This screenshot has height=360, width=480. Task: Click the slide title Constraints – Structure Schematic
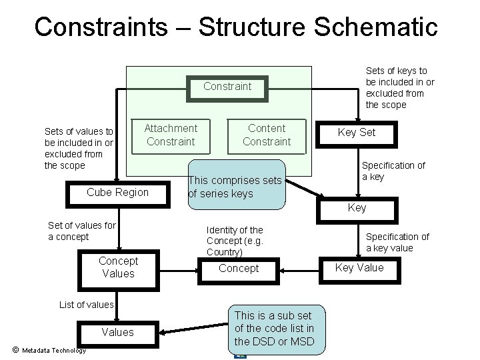[x=236, y=27]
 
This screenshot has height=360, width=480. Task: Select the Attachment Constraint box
[x=171, y=135]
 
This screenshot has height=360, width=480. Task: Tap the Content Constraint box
[x=267, y=135]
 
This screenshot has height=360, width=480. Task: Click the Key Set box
[x=357, y=132]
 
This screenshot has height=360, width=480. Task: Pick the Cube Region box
[x=118, y=193]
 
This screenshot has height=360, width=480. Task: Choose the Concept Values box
[x=118, y=267]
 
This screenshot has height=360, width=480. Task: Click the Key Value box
[x=359, y=267]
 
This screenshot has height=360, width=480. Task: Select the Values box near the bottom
[x=117, y=332]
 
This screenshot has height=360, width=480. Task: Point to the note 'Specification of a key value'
[x=397, y=242]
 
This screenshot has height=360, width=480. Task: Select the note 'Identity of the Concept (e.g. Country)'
[x=235, y=241]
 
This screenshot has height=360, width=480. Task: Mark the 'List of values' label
[x=87, y=305]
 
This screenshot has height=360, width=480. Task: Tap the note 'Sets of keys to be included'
[x=399, y=87]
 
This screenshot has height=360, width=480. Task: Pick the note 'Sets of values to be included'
[x=79, y=148]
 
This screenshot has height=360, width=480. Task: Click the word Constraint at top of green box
[x=227, y=86]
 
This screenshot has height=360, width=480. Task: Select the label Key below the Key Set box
[x=357, y=207]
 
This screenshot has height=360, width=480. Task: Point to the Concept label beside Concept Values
[x=238, y=268]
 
